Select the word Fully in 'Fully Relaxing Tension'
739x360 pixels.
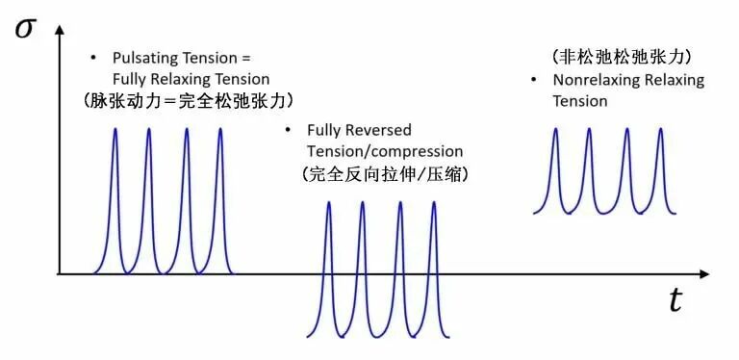point(131,79)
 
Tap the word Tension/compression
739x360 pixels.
point(383,151)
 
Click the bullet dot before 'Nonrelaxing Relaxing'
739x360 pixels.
point(532,80)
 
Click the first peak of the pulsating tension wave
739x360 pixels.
point(115,130)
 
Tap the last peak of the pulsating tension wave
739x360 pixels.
point(219,130)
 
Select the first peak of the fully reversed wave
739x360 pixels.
point(328,203)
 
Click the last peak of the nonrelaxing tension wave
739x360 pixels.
point(660,130)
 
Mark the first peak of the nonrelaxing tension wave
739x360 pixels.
point(555,130)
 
